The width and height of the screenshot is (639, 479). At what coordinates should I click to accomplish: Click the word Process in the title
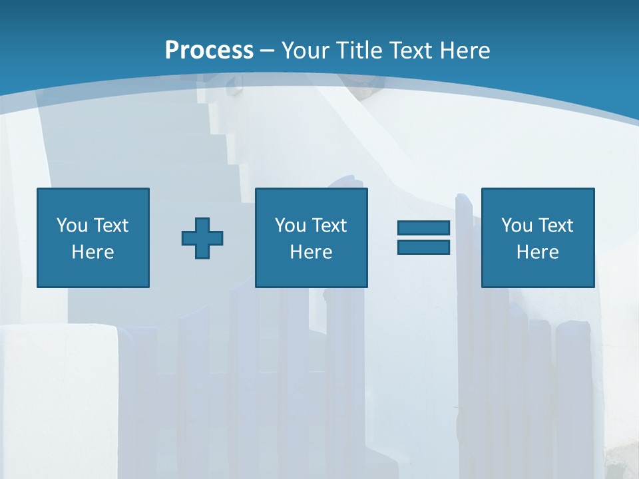(x=209, y=50)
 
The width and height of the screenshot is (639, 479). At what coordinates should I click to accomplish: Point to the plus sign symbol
(x=202, y=238)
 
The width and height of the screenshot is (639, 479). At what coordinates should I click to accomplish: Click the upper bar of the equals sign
(x=423, y=228)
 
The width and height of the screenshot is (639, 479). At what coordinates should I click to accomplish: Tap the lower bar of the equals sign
(x=423, y=247)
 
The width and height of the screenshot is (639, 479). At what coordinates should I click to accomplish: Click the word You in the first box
(x=72, y=225)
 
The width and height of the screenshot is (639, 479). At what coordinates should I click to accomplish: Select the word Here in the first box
(x=93, y=252)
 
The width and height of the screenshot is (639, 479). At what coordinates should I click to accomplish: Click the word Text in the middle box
(x=329, y=225)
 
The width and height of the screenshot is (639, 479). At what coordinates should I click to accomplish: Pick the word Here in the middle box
(x=311, y=252)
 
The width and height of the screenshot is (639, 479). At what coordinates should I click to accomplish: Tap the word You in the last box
(x=517, y=225)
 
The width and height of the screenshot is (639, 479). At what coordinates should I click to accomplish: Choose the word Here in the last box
(x=537, y=252)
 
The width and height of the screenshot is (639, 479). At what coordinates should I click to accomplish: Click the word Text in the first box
(x=110, y=225)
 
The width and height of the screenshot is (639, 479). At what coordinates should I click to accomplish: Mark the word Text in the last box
(x=555, y=225)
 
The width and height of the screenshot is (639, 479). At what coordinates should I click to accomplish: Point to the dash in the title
(x=267, y=51)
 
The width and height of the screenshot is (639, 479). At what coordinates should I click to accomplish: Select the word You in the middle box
(x=290, y=225)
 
